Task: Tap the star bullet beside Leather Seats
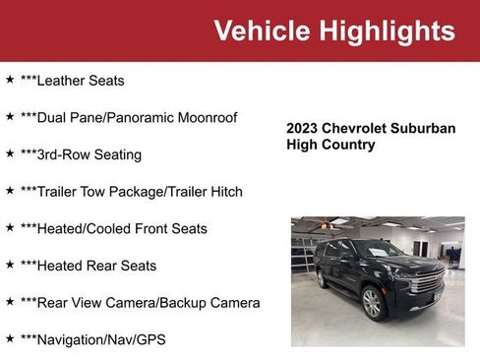coord(10,79)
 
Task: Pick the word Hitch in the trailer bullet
coord(222,191)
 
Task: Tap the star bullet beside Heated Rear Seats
coord(10,265)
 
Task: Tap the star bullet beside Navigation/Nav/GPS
coord(10,338)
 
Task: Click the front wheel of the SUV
coord(372,303)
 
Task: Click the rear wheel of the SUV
coord(322,279)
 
